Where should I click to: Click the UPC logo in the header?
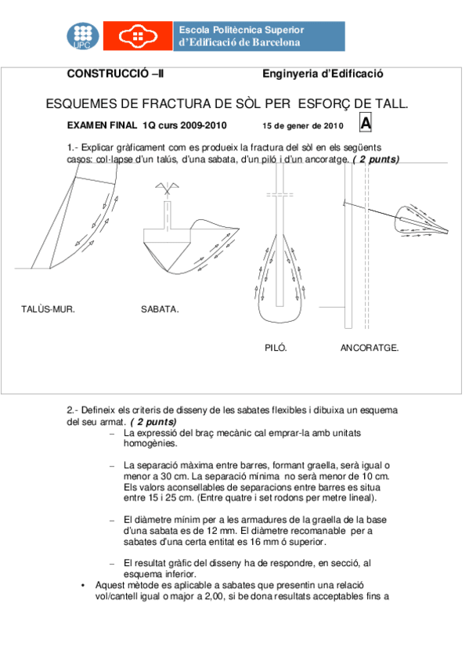82,36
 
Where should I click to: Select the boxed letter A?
366,123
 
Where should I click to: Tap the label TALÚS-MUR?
47,309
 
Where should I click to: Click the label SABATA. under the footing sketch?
160,309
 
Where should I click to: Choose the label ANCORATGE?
370,347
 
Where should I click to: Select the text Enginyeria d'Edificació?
322,74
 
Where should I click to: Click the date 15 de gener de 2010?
303,125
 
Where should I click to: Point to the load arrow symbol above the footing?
166,188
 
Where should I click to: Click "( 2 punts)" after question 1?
376,159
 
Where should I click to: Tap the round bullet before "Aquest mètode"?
84,585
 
